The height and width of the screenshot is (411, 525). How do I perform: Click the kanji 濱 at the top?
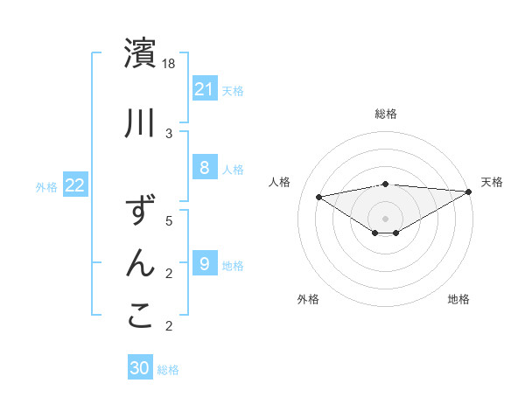pos(140,53)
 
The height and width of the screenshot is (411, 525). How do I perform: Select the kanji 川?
pos(140,123)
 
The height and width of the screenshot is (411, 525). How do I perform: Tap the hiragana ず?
pos(140,212)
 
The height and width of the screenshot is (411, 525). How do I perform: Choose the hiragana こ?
pos(140,317)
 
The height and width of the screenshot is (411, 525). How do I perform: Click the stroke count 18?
pos(170,64)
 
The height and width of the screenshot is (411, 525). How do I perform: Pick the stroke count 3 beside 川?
pos(170,134)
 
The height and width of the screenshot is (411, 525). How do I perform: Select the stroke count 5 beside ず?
pos(170,221)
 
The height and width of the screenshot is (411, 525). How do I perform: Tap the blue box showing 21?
pos(204,88)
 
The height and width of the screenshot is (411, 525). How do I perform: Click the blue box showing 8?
pos(204,168)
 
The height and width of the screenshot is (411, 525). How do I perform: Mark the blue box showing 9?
pos(204,264)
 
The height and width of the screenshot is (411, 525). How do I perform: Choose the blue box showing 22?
pos(75,185)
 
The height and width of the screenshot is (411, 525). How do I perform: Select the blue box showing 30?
pos(140,368)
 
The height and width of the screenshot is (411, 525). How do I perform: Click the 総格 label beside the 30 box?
pos(168,370)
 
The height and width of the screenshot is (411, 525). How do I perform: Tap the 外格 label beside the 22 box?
pos(46,186)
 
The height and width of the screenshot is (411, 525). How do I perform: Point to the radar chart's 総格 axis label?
pos(386,114)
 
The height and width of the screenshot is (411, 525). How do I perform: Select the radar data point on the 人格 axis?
pos(318,196)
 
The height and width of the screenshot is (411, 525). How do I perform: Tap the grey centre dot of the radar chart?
pos(386,218)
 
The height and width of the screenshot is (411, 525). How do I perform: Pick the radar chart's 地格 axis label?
pos(458,299)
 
